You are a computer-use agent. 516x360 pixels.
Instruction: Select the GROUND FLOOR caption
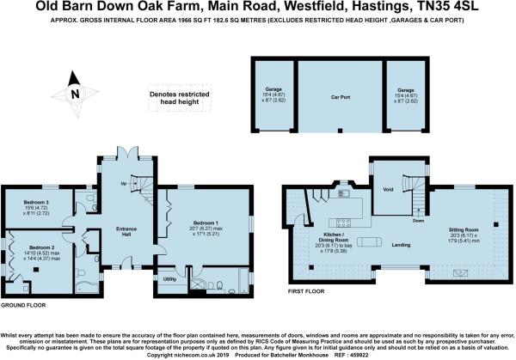(22, 306)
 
